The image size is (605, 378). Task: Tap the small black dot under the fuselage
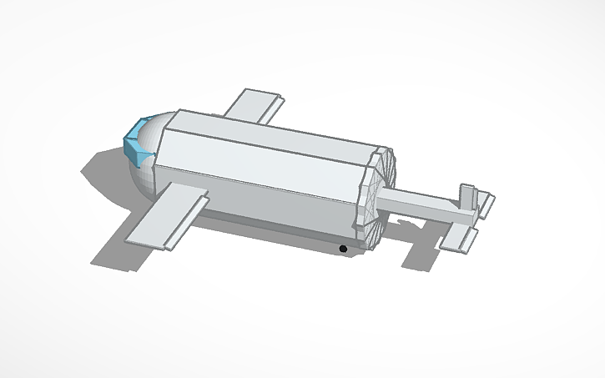pyautogui.click(x=342, y=249)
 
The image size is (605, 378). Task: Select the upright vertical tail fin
pyautogui.click(x=468, y=199)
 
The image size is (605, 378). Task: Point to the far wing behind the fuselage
pyautogui.click(x=250, y=105)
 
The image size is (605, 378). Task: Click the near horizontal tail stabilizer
pyautogui.click(x=460, y=239)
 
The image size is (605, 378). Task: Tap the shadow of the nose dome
pyautogui.click(x=104, y=171)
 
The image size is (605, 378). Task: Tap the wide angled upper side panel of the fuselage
pyautogui.click(x=259, y=171)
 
